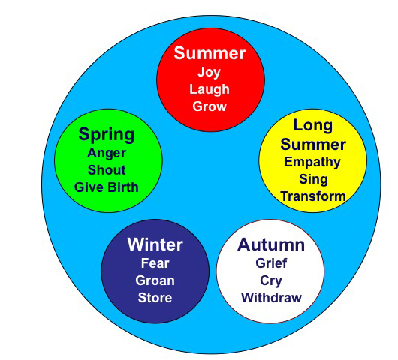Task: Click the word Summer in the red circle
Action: (x=210, y=53)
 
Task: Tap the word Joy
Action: (x=209, y=73)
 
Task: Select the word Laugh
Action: (x=210, y=90)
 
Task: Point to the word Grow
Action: (x=210, y=106)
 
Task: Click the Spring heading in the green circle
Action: (x=107, y=135)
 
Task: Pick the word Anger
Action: (x=107, y=154)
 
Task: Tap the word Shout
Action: (x=107, y=169)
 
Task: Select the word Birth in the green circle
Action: (x=123, y=187)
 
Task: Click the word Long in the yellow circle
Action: (x=313, y=126)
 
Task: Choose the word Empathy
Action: (x=312, y=163)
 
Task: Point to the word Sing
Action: (x=313, y=180)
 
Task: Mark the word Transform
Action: (x=313, y=196)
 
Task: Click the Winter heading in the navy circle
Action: (x=155, y=244)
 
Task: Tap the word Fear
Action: (x=155, y=263)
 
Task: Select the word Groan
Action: (x=155, y=280)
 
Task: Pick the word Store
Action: (x=155, y=298)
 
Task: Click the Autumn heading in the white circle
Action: (x=271, y=244)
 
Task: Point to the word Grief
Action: (x=271, y=263)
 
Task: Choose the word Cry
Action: (x=271, y=281)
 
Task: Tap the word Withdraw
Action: (x=271, y=298)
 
